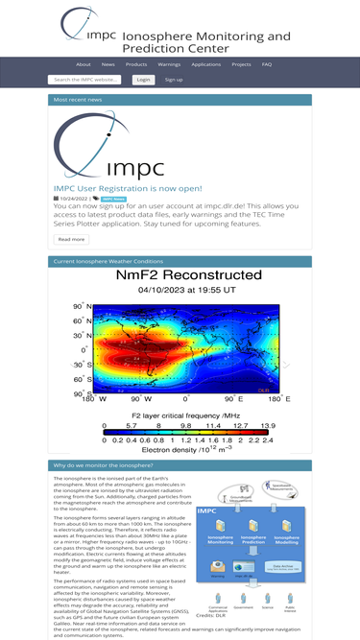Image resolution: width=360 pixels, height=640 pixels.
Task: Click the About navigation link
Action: (x=84, y=64)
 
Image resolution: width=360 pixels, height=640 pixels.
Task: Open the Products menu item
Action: (x=136, y=64)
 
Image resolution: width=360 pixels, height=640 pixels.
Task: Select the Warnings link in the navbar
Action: (x=169, y=64)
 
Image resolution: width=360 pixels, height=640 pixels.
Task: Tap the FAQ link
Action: (x=267, y=64)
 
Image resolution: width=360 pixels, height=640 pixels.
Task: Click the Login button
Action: (x=143, y=80)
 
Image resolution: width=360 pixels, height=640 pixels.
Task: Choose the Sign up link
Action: (x=174, y=80)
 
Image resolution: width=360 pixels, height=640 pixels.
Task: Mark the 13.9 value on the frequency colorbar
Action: (x=268, y=424)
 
